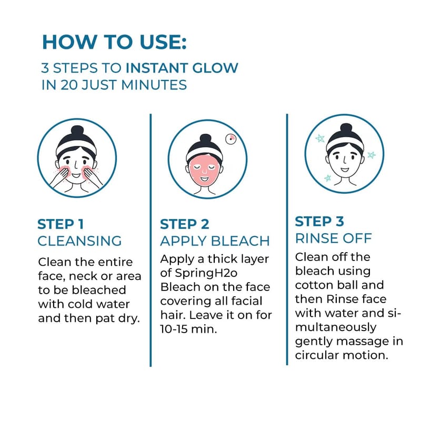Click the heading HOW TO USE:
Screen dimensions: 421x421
(114, 42)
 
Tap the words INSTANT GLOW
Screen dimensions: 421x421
(182, 68)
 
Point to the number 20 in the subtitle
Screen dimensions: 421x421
(69, 85)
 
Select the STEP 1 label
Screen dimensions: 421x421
(61, 224)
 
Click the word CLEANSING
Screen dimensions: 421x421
(79, 241)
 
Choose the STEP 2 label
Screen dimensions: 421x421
(185, 224)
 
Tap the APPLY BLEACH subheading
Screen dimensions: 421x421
(215, 241)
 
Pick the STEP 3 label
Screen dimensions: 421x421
(319, 222)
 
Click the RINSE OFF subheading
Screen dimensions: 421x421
(334, 238)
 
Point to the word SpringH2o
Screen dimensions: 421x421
(206, 273)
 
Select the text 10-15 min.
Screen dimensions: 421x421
(188, 329)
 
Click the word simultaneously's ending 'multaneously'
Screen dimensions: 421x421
(336, 327)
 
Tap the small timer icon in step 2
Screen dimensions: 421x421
(230, 139)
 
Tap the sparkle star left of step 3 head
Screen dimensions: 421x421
(320, 138)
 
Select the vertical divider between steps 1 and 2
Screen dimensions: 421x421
(151, 240)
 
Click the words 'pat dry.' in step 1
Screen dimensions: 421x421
(117, 318)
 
